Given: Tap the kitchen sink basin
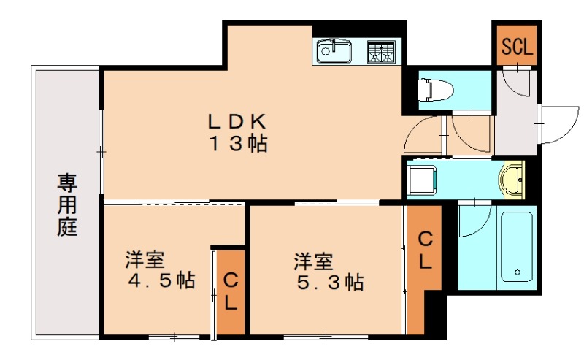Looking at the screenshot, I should click(334, 52).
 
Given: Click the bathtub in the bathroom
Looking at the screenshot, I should click(516, 245).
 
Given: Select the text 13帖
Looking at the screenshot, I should click(239, 144).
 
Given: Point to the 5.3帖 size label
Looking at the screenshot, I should click(330, 281).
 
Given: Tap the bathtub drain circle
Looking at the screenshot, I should click(518, 272).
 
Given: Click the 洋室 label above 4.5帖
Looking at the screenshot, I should click(144, 259).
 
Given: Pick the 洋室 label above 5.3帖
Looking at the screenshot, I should click(314, 260).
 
